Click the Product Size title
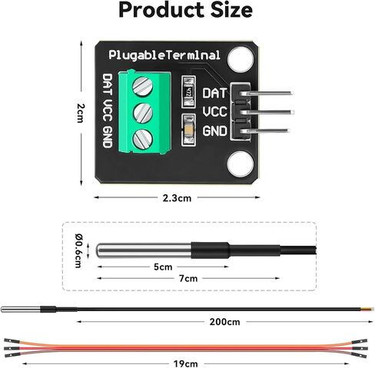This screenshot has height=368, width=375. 186,10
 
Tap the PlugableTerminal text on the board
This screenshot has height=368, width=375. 164,55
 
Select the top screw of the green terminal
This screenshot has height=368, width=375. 143,86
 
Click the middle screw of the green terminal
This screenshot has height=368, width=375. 143,113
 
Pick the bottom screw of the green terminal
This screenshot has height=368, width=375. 143,139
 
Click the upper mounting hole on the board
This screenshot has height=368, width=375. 241,58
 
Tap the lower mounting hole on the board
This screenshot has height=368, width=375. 241,164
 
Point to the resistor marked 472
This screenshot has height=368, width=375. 188,91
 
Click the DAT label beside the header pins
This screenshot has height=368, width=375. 214,93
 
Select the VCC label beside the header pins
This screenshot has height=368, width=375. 214,112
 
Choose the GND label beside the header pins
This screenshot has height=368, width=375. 214,131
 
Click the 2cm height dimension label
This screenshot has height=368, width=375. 81,113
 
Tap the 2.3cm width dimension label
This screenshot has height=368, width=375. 177,198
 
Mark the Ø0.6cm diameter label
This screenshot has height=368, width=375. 78,250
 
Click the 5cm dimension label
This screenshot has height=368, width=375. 163,267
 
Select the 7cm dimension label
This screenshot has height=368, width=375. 188,278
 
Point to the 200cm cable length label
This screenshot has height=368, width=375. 224,322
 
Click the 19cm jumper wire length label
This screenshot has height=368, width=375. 185,363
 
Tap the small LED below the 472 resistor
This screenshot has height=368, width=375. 188,131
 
